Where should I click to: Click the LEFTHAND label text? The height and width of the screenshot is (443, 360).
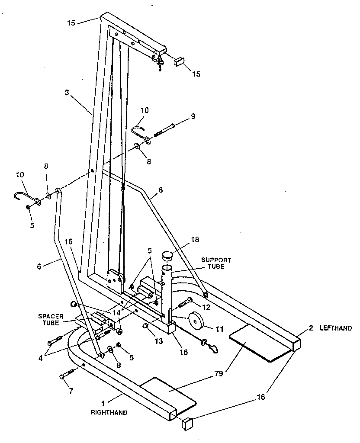[336, 328]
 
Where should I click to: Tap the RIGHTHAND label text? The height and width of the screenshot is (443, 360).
[109, 413]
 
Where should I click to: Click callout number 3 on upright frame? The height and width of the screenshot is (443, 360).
[67, 93]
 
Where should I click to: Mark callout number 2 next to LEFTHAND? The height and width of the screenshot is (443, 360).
[311, 328]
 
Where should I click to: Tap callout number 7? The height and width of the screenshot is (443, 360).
[71, 391]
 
